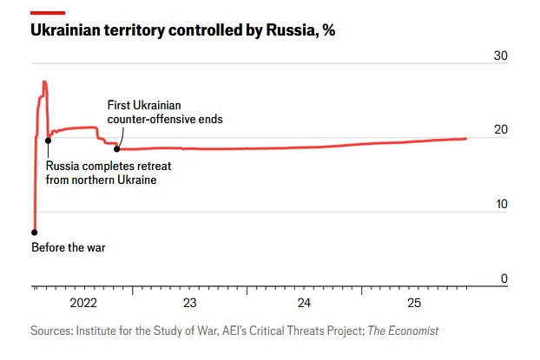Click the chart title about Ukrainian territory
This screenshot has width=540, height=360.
182,30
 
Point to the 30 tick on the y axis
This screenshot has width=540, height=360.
500,56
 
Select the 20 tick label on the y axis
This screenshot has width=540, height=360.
500,130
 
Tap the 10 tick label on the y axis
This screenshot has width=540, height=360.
500,204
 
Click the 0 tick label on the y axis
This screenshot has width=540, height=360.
504,278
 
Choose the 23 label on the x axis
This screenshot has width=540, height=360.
190,303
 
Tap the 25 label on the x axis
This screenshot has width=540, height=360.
414,303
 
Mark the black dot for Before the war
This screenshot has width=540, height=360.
35,232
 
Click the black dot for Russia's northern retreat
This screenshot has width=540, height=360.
48,141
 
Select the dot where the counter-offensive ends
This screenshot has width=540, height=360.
117,149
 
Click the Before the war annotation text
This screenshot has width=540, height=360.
68,247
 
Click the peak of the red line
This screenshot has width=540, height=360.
44,82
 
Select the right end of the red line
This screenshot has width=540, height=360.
466,138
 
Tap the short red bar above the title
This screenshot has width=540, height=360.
48,12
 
